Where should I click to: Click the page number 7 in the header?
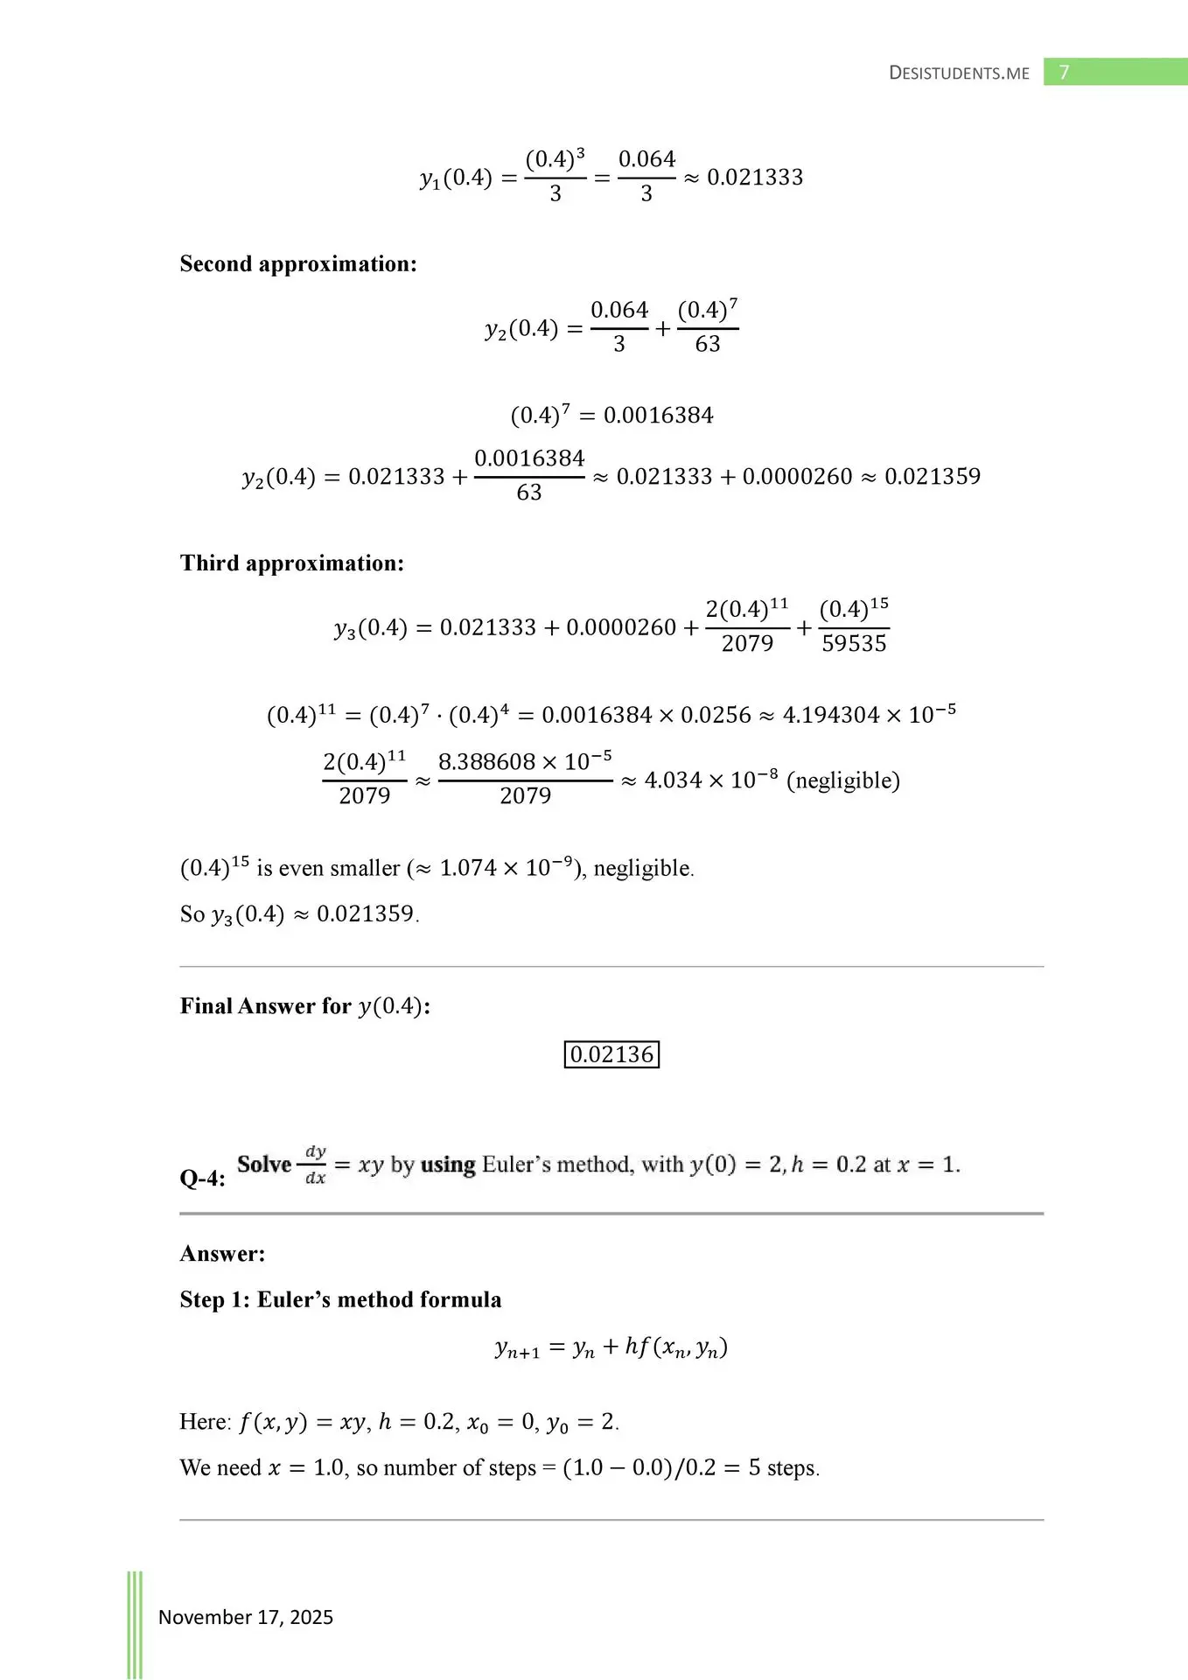(x=1064, y=73)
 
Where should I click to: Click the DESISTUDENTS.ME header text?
(x=959, y=73)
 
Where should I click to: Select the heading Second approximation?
(x=298, y=264)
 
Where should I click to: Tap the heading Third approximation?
(x=292, y=563)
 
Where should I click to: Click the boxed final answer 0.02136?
(x=611, y=1054)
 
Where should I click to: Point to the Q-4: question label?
(x=202, y=1179)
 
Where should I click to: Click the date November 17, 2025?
(x=246, y=1617)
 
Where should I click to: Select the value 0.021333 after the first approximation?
(x=755, y=178)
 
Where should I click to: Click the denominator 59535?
(x=854, y=644)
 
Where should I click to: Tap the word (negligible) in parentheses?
(x=843, y=780)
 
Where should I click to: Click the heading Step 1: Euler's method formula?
(x=340, y=1300)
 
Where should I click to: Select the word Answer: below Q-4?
(x=222, y=1254)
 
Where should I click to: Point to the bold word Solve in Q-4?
(x=264, y=1165)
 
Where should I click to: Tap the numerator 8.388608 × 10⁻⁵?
(x=525, y=762)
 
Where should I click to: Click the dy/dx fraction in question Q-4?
(x=315, y=1165)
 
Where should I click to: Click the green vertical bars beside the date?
(x=135, y=1623)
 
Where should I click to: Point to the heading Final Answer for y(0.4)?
(x=305, y=1006)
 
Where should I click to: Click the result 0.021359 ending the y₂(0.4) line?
(x=933, y=477)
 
